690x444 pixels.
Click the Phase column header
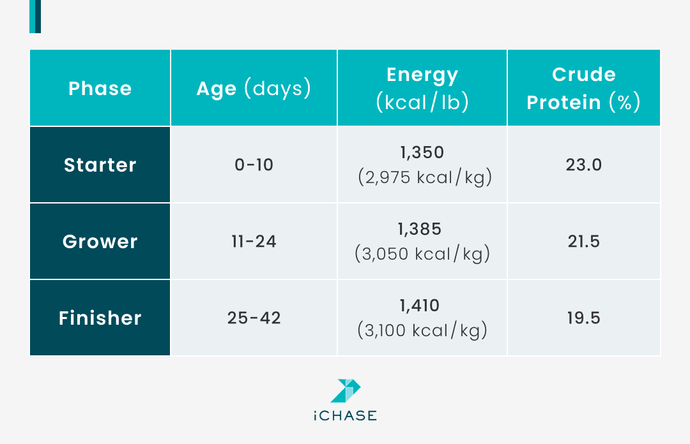[100, 88]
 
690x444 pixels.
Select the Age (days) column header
[254, 88]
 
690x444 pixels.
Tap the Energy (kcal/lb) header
[422, 88]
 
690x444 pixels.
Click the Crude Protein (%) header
[583, 88]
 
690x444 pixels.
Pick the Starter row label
[100, 165]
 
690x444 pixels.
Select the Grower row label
[100, 242]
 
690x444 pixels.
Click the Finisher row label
[100, 318]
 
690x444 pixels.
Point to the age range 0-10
[254, 165]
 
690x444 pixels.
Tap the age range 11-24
[254, 242]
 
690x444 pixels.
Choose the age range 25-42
[254, 318]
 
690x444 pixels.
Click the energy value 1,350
[422, 153]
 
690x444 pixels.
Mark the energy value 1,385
[422, 230]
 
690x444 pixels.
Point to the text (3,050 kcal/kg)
[422, 254]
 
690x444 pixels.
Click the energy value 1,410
[422, 306]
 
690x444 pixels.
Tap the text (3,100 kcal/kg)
[422, 330]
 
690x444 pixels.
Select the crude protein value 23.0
[583, 165]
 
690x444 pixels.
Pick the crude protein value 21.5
[583, 242]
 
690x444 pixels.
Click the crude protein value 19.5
[583, 318]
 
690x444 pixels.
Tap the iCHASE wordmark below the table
[345, 416]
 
